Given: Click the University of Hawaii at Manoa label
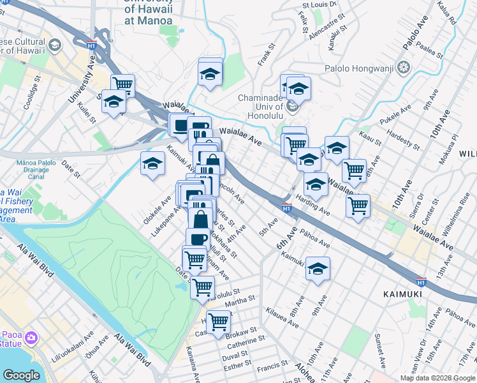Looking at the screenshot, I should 149,11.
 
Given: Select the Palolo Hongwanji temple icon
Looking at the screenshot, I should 403,68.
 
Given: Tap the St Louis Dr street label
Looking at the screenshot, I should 319,4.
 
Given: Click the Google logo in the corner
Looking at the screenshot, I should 21,375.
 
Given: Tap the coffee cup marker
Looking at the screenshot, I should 198,240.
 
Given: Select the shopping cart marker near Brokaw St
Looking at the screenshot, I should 218,322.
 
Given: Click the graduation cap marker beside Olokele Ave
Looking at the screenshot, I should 152,164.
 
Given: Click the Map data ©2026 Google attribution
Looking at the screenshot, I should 437,378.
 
